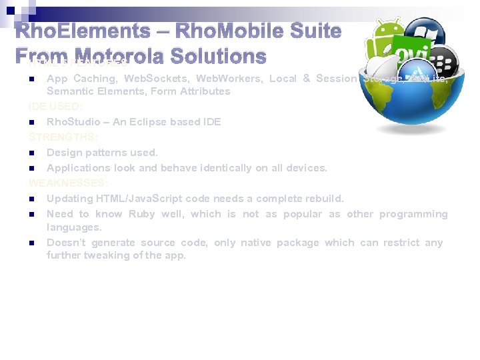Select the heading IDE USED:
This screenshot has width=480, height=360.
55,107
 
